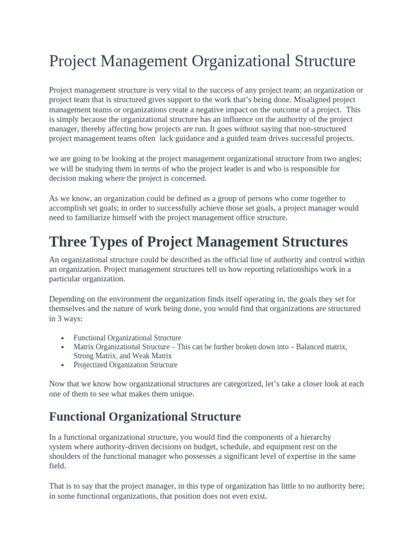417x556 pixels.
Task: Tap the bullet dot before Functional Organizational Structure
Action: (64, 338)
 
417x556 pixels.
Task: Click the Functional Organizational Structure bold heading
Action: (145, 417)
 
